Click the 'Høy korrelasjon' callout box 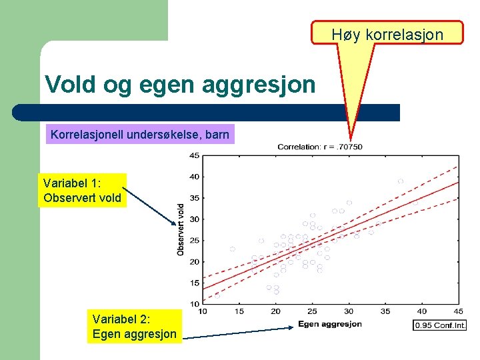[x=387, y=33]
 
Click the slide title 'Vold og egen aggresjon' [x=180, y=85]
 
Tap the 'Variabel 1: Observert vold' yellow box [x=82, y=190]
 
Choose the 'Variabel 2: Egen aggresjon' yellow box [x=135, y=327]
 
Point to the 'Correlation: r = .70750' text [x=320, y=147]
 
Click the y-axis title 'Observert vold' [x=181, y=229]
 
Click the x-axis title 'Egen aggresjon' [x=330, y=324]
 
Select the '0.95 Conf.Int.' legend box [x=439, y=325]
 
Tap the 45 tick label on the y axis [x=193, y=156]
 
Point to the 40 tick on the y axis [x=193, y=177]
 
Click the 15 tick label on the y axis [x=193, y=283]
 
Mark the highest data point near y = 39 [x=401, y=181]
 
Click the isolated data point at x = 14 [x=233, y=249]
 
